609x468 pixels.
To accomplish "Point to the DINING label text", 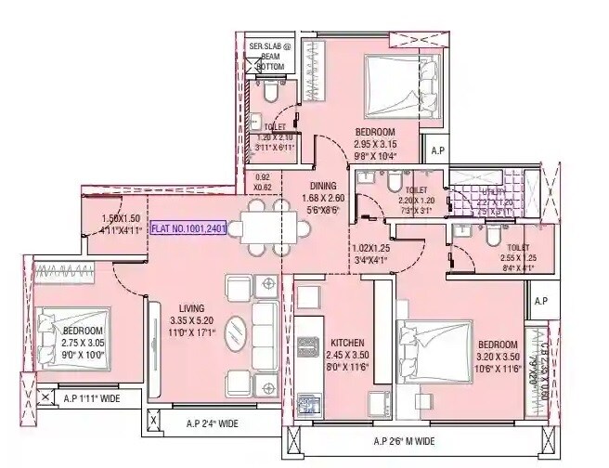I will [326, 185].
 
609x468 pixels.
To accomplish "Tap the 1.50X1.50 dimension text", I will [121, 218].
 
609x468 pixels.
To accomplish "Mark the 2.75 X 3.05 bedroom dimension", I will [82, 342].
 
